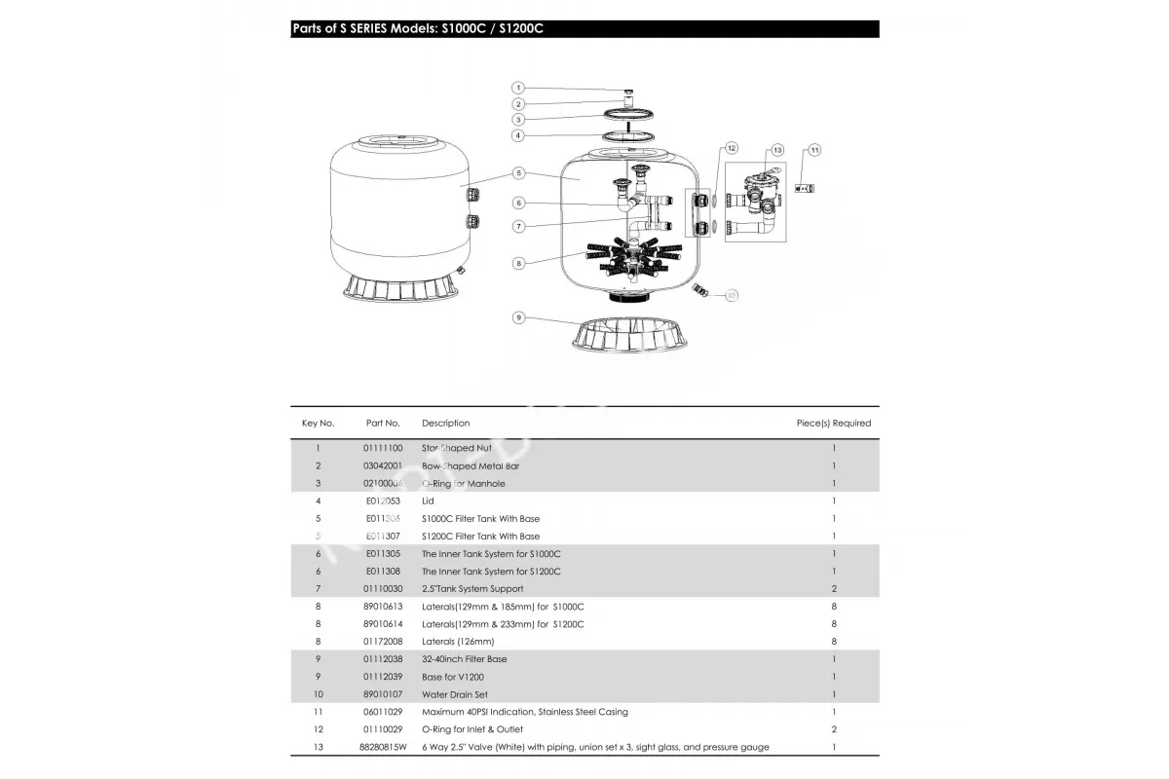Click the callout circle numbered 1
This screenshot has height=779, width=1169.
pos(518,88)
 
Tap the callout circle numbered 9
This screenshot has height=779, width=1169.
pos(518,317)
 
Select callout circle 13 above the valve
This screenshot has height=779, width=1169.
pos(776,150)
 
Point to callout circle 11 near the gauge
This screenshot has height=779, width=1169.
pos(814,150)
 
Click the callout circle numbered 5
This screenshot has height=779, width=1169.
pos(518,173)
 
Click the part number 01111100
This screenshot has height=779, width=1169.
pos(383,449)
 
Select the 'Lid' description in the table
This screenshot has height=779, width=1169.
pos(428,501)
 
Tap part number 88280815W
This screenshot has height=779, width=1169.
pos(383,747)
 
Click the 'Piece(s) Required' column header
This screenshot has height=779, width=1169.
pos(834,424)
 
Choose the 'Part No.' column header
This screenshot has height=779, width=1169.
pos(383,424)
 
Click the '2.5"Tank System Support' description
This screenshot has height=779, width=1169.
pos(472,589)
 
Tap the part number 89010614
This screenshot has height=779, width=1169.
pos(383,624)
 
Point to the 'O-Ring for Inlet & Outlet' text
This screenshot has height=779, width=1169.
pos(472,729)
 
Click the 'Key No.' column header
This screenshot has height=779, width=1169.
pos(318,424)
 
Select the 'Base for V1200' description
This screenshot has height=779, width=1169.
pos(453,677)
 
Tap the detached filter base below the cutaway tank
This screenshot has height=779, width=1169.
pos(629,337)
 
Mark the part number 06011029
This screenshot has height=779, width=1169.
pos(383,712)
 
